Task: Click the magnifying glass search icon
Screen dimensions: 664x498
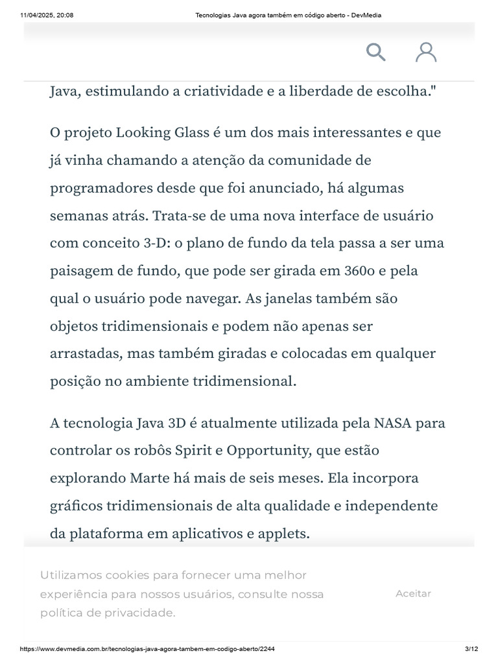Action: tap(376, 52)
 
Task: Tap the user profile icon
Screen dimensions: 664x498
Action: tap(426, 52)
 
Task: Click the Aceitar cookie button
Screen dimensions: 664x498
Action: tap(413, 593)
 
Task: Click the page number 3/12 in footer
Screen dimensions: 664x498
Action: tap(471, 649)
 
